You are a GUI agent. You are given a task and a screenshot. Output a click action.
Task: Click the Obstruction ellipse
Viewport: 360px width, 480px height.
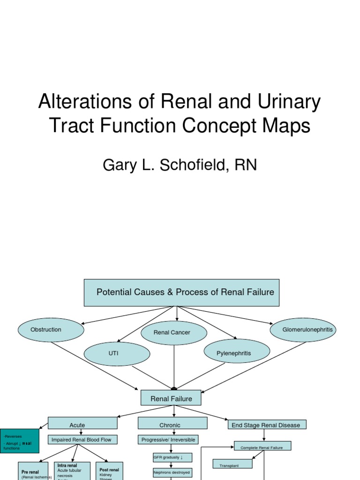(x=51, y=330)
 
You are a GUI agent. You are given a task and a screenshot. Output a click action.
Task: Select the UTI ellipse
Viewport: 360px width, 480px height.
(x=116, y=353)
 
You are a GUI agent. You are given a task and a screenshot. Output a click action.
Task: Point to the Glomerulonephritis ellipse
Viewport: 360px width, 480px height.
(x=303, y=330)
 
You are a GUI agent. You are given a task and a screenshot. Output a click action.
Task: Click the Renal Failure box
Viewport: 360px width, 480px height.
(x=171, y=398)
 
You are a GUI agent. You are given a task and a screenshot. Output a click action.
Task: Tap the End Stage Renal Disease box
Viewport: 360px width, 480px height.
(x=266, y=425)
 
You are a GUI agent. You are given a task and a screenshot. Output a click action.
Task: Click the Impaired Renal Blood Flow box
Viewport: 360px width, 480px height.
(x=82, y=440)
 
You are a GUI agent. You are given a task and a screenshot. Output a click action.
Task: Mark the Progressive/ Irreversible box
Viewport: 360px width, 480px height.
(x=168, y=440)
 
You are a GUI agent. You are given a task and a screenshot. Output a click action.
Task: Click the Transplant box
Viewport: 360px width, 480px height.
(x=232, y=464)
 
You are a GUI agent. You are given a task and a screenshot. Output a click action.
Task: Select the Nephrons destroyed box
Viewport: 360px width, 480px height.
(x=172, y=472)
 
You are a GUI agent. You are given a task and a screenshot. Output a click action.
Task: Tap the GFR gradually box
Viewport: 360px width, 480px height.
(x=172, y=457)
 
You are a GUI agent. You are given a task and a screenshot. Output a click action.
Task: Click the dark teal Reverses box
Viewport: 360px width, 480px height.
(x=20, y=441)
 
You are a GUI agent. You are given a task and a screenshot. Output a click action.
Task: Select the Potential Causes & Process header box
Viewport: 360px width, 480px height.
(x=181, y=292)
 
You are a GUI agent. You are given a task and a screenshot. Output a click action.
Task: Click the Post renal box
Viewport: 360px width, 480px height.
(x=109, y=471)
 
